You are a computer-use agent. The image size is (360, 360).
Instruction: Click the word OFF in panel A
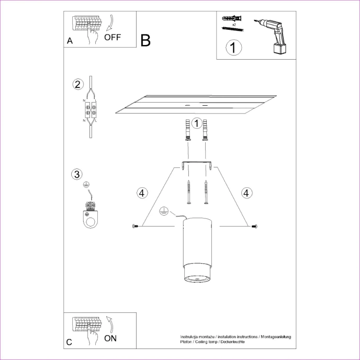pos(112,37)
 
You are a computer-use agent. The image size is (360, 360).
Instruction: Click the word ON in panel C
pos(110,337)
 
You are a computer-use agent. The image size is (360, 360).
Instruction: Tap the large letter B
pos(145,40)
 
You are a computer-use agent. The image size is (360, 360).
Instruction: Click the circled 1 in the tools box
pos(233,48)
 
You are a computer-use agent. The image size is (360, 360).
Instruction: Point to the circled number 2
pos(77,85)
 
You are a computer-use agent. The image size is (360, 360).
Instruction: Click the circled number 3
pos(77,174)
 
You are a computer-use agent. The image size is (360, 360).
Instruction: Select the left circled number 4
pos(141,193)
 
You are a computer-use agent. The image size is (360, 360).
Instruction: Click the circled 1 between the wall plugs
pos(196,123)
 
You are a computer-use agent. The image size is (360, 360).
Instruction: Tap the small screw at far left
pos(136,226)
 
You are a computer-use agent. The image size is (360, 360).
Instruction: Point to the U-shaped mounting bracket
pos(196,165)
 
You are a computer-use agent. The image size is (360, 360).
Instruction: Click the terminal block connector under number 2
pos(90,110)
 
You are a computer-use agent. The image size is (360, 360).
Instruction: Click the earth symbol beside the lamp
pos(164,211)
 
